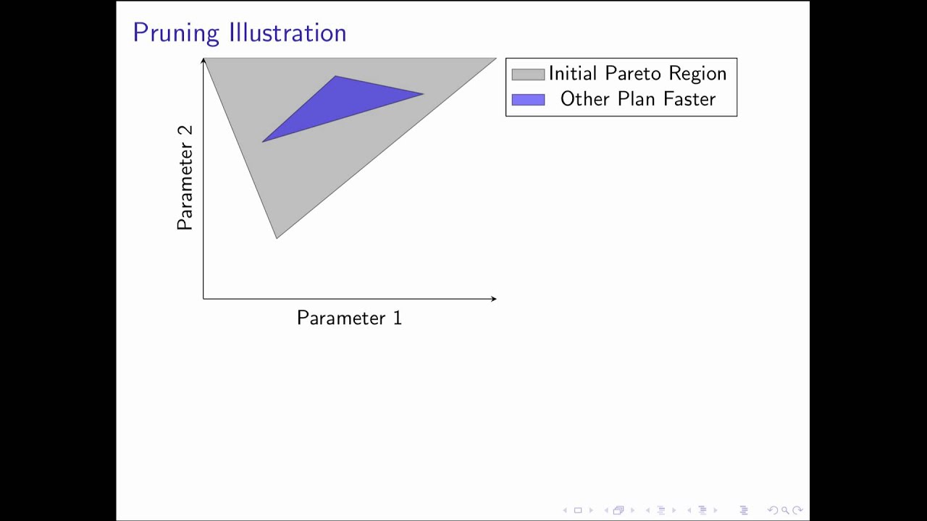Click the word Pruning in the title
coord(177,33)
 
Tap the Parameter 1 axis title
coord(349,318)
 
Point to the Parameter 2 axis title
coord(185,177)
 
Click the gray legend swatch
coord(528,74)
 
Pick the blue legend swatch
coord(528,100)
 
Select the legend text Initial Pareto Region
coord(637,74)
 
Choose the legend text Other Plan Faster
coord(637,99)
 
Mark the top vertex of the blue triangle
coord(335,76)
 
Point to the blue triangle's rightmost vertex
coord(423,93)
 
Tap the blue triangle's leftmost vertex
coord(262,141)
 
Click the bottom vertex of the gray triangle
coord(276,238)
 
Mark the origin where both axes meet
coord(204,298)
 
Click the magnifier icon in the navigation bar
coord(785,510)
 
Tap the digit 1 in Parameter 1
coord(397,318)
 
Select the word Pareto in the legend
coord(629,74)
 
